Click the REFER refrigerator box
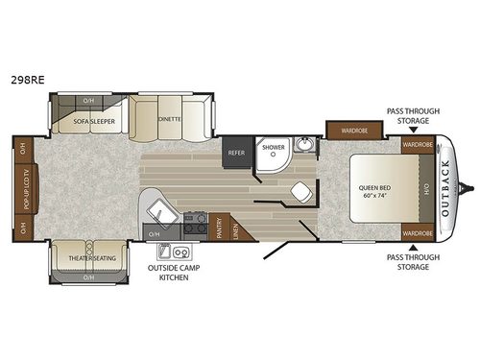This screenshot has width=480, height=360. pos(236,152)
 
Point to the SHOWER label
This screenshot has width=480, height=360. pos(274,149)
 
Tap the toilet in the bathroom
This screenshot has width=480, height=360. pos(300,190)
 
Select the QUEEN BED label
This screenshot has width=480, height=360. pos(372,186)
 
